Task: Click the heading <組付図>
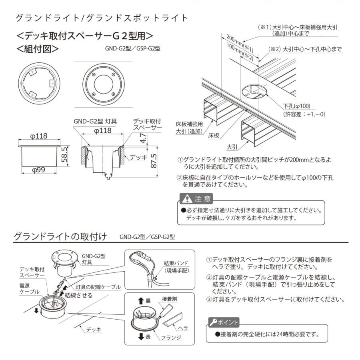click(38, 49)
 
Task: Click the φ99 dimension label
click(39, 170)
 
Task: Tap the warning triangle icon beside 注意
click(186, 199)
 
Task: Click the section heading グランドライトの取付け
click(60, 236)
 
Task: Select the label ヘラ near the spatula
click(183, 328)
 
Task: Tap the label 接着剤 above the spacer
click(170, 299)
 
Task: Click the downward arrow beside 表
click(140, 337)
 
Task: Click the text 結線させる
click(78, 295)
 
